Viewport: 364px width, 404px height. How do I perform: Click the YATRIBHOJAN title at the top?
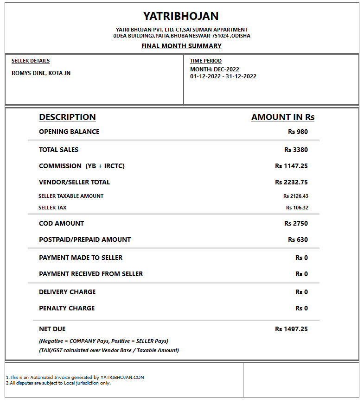[x=181, y=16]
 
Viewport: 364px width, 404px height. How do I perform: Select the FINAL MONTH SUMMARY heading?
[x=181, y=46]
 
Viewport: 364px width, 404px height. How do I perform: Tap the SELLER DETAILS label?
[x=31, y=61]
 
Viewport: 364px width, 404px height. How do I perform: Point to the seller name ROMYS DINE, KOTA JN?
[x=41, y=73]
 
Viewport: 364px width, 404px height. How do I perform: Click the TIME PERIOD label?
[x=206, y=61]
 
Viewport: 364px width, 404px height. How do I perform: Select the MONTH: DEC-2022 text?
[x=215, y=69]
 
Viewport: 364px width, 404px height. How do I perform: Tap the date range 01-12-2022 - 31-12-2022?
[x=223, y=76]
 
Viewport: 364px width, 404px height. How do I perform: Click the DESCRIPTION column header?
[x=67, y=117]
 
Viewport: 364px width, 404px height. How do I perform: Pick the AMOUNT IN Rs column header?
[x=283, y=117]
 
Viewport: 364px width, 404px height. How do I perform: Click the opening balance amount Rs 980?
[x=298, y=132]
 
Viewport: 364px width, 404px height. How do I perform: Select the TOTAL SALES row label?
[x=59, y=150]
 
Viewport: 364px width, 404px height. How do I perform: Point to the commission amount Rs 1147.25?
[x=291, y=166]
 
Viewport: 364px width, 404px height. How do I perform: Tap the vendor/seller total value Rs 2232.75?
[x=291, y=182]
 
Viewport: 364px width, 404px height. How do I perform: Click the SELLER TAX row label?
[x=52, y=208]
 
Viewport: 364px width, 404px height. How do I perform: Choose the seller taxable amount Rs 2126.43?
[x=295, y=196]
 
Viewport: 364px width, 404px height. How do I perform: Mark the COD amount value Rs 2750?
[x=296, y=223]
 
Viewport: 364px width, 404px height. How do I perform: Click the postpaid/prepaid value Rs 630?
[x=298, y=240]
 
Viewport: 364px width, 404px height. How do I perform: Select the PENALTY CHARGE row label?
[x=67, y=308]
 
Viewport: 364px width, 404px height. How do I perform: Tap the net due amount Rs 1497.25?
[x=291, y=329]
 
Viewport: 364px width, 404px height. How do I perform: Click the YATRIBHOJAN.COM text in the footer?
[x=122, y=377]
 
